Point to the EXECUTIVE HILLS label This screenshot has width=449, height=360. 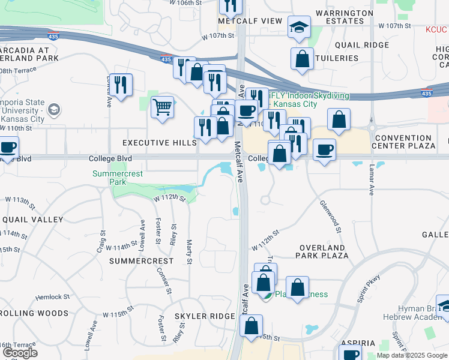159,143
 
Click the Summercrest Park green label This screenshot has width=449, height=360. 118,178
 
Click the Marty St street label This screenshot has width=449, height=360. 188,250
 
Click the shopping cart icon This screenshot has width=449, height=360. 162,108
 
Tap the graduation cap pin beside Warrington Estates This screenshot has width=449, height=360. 298,28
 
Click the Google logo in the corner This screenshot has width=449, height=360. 19,353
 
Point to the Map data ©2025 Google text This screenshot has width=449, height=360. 412,355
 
